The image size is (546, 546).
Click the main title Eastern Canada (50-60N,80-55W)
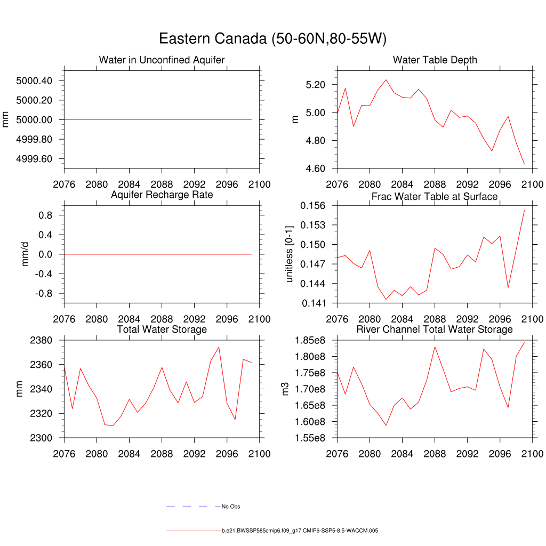click(272, 39)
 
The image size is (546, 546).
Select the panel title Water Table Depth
click(435, 60)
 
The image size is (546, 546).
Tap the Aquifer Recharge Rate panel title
click(162, 195)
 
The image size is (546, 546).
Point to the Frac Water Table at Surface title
click(435, 197)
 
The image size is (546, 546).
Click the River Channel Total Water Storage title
click(435, 330)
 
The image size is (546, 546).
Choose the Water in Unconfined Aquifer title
click(162, 60)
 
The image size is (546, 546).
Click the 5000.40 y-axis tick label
click(34, 81)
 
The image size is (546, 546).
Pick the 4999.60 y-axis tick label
click(34, 159)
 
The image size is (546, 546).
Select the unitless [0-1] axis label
click(290, 254)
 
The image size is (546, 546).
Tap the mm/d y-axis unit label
click(26, 254)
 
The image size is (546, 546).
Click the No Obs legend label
click(231, 507)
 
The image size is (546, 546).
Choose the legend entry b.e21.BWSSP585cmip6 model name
click(300, 531)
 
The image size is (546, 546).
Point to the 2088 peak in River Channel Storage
click(435, 347)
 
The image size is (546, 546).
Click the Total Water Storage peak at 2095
click(219, 347)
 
